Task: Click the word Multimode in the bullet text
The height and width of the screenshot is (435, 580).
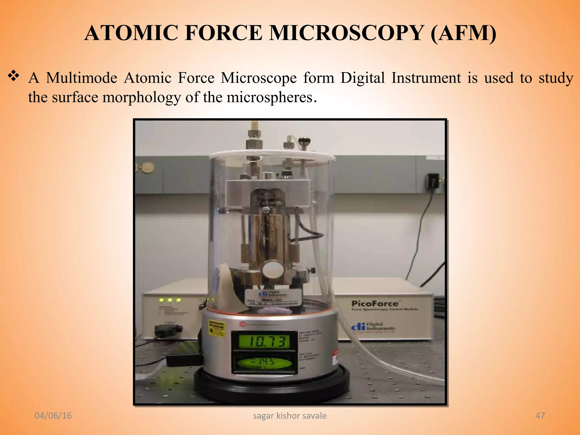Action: tap(82, 78)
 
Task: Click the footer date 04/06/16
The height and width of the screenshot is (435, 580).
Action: tap(53, 415)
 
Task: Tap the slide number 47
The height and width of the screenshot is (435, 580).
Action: tap(540, 415)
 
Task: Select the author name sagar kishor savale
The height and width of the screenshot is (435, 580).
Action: tap(289, 416)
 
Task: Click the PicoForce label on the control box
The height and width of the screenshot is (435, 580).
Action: tap(375, 304)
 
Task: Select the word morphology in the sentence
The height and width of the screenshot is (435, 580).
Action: tap(142, 97)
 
